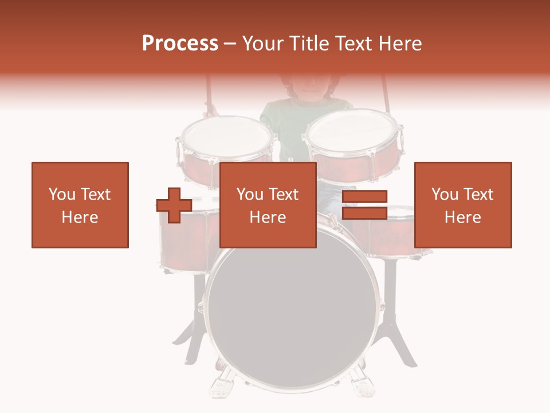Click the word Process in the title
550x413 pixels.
coord(180,43)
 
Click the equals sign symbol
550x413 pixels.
coord(364,205)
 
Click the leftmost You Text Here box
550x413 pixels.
coord(80,205)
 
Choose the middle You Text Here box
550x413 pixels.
coord(268,205)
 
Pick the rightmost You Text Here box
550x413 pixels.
coord(463,205)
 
